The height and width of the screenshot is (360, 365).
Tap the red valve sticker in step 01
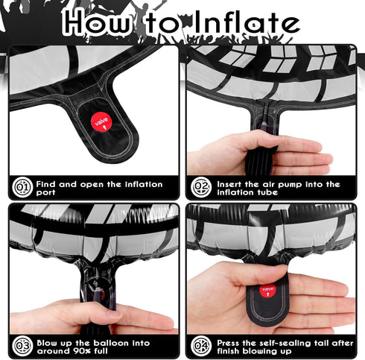(x=101, y=122)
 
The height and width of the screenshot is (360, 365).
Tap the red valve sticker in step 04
(x=267, y=291)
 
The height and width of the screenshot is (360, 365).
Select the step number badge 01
(x=22, y=187)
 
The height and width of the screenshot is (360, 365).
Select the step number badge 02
(x=201, y=187)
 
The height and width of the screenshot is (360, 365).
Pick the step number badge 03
(x=22, y=346)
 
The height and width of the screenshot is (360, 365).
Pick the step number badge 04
(x=201, y=346)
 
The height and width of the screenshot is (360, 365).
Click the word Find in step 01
(x=46, y=184)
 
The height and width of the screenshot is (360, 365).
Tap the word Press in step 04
(x=229, y=343)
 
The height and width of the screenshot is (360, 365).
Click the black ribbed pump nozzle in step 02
(x=258, y=160)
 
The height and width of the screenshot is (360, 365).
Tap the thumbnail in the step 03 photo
(x=113, y=314)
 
